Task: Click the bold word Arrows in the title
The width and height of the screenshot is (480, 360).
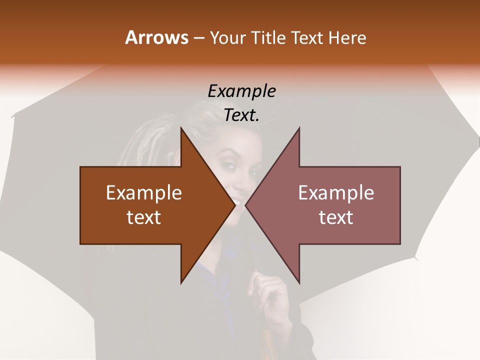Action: point(156,38)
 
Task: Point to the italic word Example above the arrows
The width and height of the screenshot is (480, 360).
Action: point(242,91)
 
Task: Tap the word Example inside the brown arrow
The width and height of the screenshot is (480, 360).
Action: point(144,192)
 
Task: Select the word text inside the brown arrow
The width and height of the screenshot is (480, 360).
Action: point(144,217)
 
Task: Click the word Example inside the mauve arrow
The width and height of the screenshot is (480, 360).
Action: point(336,192)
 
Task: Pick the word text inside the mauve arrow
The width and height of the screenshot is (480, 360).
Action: point(336,217)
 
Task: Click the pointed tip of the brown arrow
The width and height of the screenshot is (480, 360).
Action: point(234,205)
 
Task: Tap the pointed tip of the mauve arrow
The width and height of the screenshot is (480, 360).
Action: point(246,205)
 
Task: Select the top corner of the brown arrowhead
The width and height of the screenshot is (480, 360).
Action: point(181,128)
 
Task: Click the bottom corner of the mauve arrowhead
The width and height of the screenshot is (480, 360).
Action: point(299,283)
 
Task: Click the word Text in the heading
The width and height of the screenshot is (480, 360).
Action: point(307,38)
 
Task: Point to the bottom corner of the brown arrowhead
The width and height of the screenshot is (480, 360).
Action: point(181,283)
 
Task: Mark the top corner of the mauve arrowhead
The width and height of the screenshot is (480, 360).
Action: point(299,128)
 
